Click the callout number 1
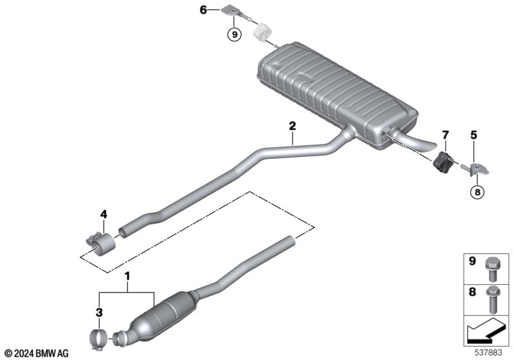click(x=127, y=276)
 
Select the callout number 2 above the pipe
click(x=292, y=125)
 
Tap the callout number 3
click(x=99, y=312)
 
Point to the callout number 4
click(x=103, y=215)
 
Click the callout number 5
click(x=474, y=135)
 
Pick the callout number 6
click(x=203, y=10)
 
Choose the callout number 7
click(x=445, y=135)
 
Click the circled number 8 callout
click(x=477, y=192)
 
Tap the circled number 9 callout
click(x=235, y=35)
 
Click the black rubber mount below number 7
click(x=442, y=162)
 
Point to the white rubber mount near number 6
click(x=263, y=32)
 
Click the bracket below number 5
click(x=479, y=169)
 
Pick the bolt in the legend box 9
click(x=491, y=269)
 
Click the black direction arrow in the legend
click(x=486, y=331)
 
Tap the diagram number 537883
click(x=488, y=353)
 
